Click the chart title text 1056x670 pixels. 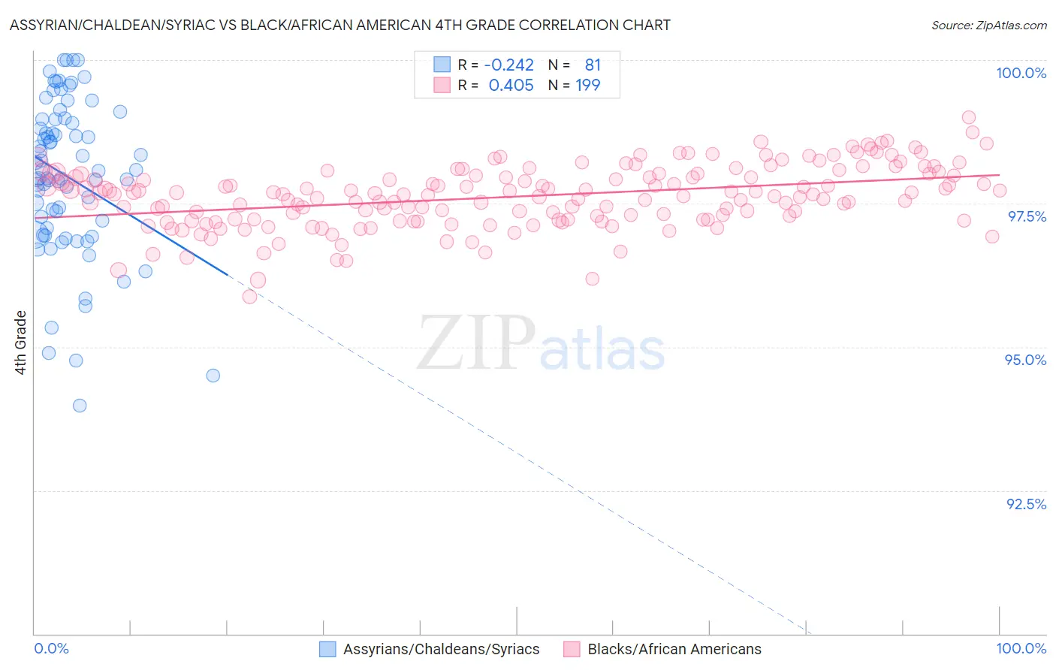[340, 25]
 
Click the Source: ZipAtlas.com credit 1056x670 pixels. [988, 25]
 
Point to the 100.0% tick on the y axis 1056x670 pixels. [1021, 73]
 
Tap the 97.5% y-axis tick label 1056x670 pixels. [1026, 216]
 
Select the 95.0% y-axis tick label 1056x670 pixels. [1025, 360]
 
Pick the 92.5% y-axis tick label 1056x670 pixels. [1026, 504]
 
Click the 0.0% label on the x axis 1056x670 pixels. [51, 648]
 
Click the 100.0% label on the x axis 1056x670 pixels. [1021, 648]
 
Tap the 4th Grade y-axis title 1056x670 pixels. [20, 343]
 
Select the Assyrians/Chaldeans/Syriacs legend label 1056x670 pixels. [441, 649]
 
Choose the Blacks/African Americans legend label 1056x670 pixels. [674, 649]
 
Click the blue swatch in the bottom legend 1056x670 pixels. [327, 649]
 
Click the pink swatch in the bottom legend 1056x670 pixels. [572, 649]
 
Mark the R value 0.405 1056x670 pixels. [511, 86]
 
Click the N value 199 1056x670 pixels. [587, 86]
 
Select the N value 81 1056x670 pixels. [593, 65]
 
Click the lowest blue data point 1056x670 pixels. [80, 406]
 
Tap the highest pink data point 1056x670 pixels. [969, 117]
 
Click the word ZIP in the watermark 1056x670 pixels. [475, 343]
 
